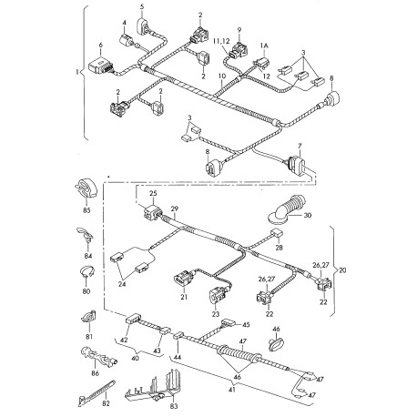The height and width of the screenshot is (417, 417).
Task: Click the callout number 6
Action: click(x=101, y=46)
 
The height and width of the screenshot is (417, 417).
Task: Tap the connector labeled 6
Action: click(x=101, y=66)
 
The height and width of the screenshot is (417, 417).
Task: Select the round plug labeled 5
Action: click(x=144, y=25)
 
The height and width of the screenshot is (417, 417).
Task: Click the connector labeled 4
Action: click(x=127, y=41)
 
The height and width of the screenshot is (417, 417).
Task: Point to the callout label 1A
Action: click(x=264, y=46)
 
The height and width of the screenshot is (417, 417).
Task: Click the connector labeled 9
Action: click(x=239, y=50)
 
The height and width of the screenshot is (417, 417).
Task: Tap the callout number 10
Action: click(x=222, y=76)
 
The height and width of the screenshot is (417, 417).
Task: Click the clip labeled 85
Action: click(x=86, y=189)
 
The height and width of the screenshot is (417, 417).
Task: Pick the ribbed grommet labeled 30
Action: click(x=288, y=209)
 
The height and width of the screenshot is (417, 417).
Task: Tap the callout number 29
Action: click(x=175, y=209)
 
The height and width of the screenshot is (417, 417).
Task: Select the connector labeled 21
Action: click(x=185, y=278)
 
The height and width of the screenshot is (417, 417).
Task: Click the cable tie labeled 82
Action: click(x=97, y=392)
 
